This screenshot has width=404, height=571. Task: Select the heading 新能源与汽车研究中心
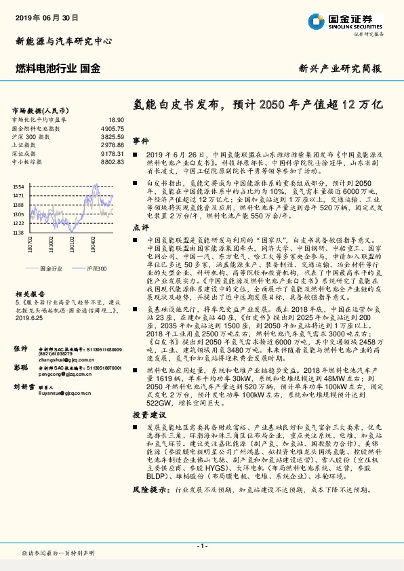point(64,41)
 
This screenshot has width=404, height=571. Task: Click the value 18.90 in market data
point(116,119)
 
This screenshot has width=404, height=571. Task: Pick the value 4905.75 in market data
point(112,127)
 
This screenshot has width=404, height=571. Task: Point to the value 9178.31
point(112,154)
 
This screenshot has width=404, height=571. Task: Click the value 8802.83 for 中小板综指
point(112,163)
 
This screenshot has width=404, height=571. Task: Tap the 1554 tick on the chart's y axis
point(18,186)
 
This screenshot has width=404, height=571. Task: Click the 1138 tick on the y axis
point(18,232)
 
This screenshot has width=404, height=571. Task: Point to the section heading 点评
point(140,227)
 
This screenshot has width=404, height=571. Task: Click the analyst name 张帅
point(21,348)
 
